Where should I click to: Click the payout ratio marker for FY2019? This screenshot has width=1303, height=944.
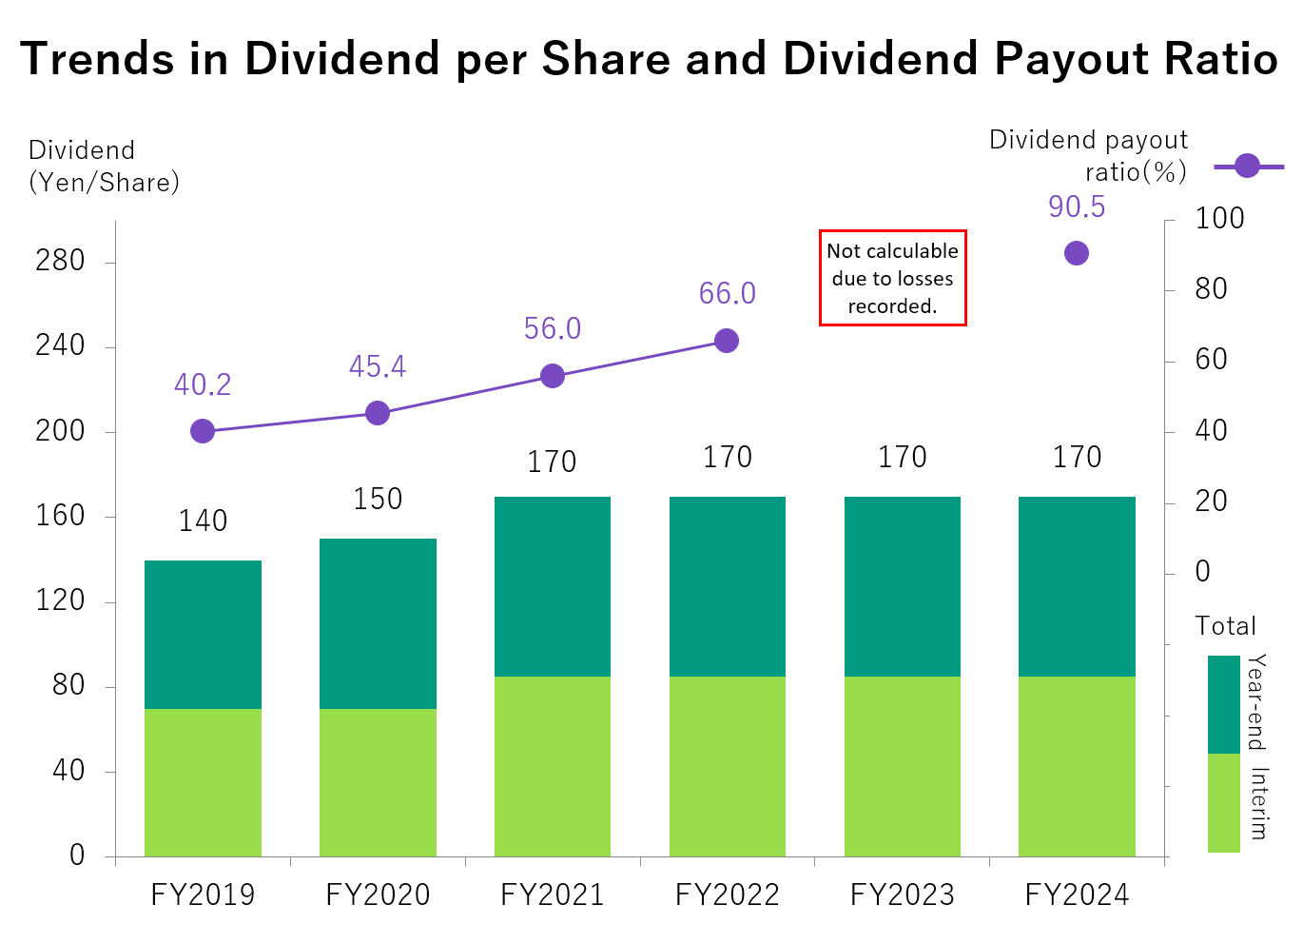point(203,431)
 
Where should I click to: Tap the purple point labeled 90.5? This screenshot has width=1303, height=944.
point(1077,253)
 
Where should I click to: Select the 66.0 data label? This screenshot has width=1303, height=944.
point(728,293)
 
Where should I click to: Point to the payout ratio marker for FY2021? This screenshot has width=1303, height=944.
point(553,376)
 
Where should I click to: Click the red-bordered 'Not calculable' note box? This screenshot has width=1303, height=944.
point(892,278)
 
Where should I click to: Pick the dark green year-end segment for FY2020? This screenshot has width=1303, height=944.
point(378,623)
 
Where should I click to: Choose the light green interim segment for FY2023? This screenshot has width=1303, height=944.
point(903,766)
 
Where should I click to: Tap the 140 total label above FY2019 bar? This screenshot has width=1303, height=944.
point(204,521)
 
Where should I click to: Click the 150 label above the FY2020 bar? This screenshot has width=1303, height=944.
point(378,499)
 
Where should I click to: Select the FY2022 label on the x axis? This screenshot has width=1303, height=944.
point(728,895)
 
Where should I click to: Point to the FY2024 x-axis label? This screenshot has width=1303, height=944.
point(1077,895)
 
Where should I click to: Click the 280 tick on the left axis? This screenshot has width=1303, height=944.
point(60,261)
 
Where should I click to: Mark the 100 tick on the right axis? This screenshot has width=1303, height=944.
point(1219,219)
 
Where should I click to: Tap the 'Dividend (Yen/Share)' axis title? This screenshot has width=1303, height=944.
point(104,167)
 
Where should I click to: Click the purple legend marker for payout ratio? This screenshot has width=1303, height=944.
point(1248,166)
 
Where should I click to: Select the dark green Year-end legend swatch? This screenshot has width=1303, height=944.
point(1224,704)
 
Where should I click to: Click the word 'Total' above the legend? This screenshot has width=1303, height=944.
point(1225,626)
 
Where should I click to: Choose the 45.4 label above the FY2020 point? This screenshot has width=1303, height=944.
point(378,366)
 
